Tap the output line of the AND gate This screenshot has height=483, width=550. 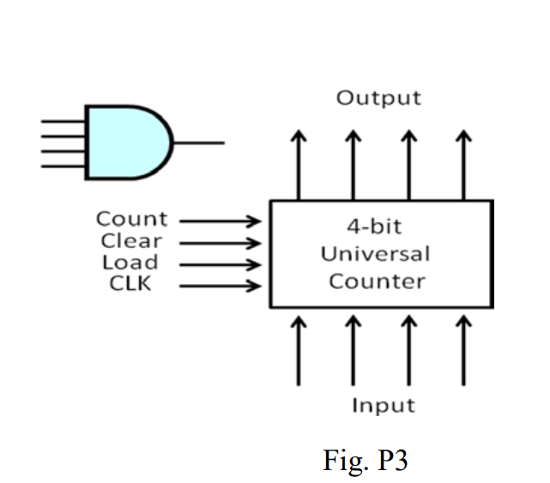[x=199, y=142]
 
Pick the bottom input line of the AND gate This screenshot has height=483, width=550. [x=63, y=164]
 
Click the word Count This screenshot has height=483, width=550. [x=131, y=220]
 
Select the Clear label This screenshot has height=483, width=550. [x=131, y=241]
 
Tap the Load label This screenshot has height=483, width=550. [x=130, y=263]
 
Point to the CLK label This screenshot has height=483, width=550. [x=130, y=284]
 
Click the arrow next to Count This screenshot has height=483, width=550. [x=220, y=221]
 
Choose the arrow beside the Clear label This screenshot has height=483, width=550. [x=220, y=243]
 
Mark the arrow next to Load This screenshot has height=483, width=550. [x=220, y=264]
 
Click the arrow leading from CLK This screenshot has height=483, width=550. [x=220, y=286]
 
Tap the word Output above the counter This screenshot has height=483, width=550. [x=378, y=98]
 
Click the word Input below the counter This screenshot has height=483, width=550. [x=383, y=405]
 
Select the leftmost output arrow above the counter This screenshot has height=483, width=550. [x=299, y=165]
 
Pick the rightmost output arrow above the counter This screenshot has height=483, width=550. [x=464, y=165]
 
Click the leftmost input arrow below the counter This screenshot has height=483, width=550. [x=299, y=350]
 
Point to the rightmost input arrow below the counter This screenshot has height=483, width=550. [x=464, y=350]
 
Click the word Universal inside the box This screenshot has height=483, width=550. [x=375, y=255]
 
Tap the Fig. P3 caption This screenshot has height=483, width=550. [x=365, y=461]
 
